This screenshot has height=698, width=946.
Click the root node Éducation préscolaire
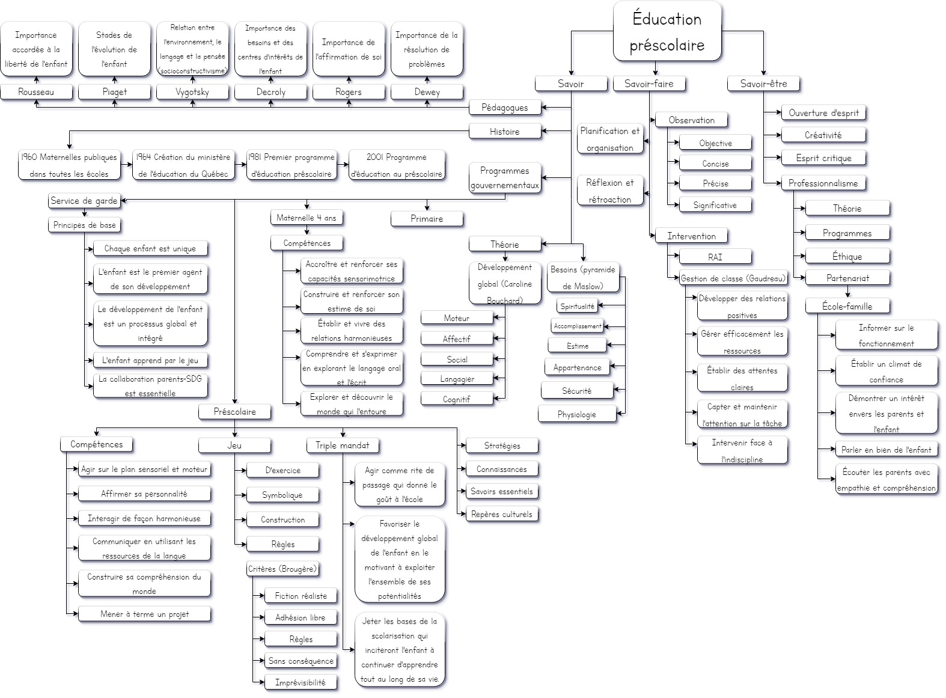667,31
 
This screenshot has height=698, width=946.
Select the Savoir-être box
763,84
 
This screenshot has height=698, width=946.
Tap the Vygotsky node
192,92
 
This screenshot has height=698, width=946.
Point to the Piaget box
114,92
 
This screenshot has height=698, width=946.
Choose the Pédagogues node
504,108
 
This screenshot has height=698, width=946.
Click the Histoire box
504,132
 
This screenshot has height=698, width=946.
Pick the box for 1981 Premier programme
291,165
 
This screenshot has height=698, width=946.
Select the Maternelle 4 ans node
307,218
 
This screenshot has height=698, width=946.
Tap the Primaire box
427,219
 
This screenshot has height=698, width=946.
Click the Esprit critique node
823,158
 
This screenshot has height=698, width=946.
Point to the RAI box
715,257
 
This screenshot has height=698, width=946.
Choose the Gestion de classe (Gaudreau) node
733,278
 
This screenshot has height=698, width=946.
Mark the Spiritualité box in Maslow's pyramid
577,306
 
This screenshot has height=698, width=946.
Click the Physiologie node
577,414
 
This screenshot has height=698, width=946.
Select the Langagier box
457,379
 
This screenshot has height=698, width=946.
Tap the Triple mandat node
343,445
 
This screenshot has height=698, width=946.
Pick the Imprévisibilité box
300,682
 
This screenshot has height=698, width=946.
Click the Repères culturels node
501,514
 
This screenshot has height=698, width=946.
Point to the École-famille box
847,306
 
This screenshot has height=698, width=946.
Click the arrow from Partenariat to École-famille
847,292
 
